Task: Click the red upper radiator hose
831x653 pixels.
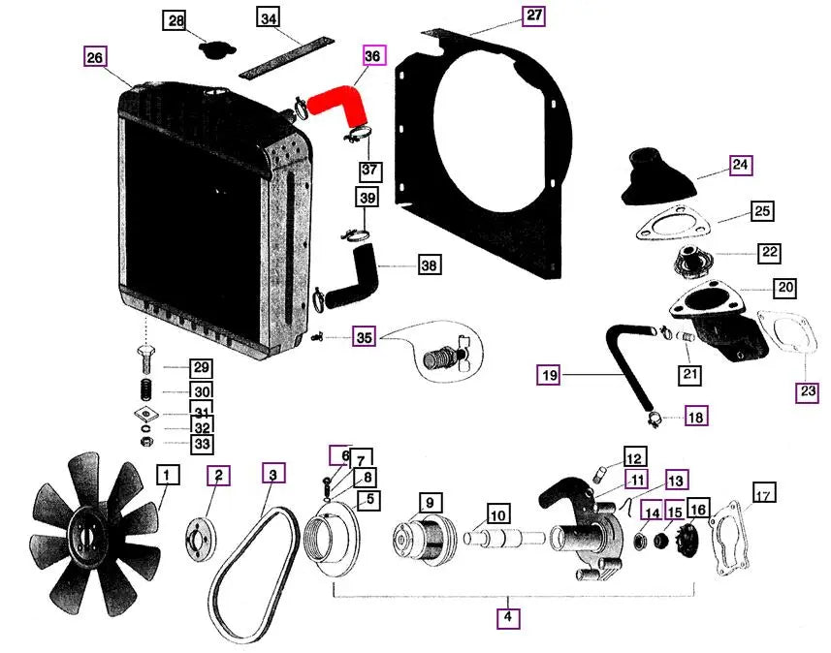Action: [335, 103]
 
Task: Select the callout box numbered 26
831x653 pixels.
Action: [95, 57]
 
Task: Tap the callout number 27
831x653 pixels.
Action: [534, 16]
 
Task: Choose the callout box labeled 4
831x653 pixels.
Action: [506, 615]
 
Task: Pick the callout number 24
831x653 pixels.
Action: [741, 166]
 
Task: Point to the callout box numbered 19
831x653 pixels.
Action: [550, 373]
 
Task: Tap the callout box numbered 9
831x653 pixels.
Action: [428, 503]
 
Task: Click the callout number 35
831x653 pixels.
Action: [364, 338]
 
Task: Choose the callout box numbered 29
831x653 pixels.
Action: [200, 368]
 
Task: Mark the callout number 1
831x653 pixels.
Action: [168, 476]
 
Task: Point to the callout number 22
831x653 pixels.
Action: [769, 252]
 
